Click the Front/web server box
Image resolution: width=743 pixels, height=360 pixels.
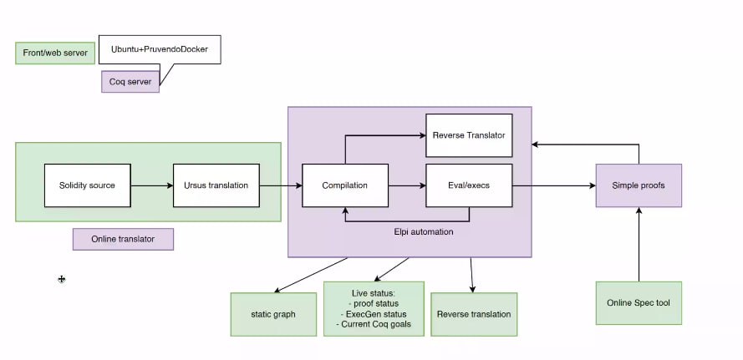(x=55, y=53)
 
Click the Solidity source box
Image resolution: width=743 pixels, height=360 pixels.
(x=87, y=185)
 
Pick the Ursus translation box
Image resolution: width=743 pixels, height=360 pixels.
(x=216, y=185)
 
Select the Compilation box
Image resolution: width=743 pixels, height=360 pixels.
(x=344, y=185)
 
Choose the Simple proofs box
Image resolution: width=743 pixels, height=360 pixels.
(x=639, y=185)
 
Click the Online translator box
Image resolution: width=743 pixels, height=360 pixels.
(x=124, y=239)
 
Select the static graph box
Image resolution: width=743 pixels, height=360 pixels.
(x=272, y=314)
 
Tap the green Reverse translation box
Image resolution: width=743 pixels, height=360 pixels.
(x=474, y=314)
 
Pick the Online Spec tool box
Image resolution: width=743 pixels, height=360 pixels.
(x=639, y=302)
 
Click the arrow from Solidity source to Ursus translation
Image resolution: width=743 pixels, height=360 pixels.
(x=151, y=185)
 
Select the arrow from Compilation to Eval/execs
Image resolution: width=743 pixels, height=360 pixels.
(x=407, y=185)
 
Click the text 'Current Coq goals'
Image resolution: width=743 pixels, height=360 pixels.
(x=378, y=324)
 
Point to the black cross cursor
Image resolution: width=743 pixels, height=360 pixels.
(x=61, y=279)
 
